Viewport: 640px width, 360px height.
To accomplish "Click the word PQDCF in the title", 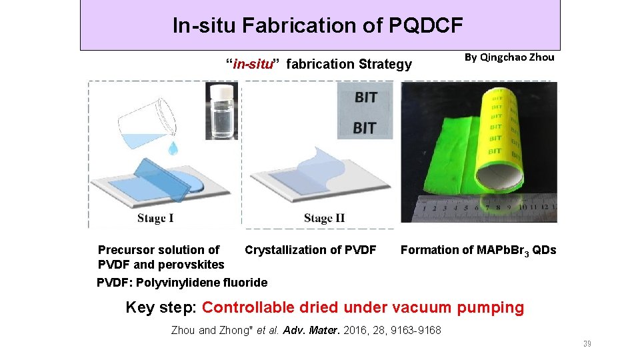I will tap(424, 25).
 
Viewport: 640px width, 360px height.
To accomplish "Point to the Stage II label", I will tap(324, 218).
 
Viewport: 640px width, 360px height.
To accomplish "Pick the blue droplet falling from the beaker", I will tap(173, 148).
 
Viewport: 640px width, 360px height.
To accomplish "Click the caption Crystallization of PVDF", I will tap(311, 250).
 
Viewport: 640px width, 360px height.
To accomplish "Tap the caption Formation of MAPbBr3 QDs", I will tap(478, 250).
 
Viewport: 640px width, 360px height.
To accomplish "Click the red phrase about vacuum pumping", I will tap(363, 307).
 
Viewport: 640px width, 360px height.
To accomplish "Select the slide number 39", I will tap(587, 344).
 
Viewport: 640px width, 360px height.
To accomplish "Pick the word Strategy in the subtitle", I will tap(385, 64).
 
